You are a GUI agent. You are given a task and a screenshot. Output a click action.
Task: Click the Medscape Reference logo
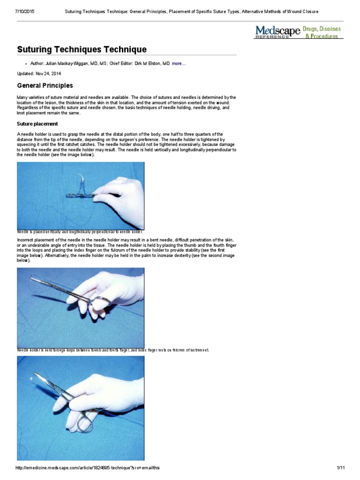[x=277, y=32]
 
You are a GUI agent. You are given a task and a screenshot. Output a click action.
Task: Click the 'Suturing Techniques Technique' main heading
[x=82, y=49]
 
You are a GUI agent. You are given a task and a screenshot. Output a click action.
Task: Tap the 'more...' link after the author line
[x=179, y=63]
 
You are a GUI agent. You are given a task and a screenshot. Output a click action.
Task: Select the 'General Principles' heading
[x=45, y=86]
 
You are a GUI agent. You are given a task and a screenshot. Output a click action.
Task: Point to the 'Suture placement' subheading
[x=37, y=124]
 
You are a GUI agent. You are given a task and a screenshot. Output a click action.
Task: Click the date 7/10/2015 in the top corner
[x=15, y=11]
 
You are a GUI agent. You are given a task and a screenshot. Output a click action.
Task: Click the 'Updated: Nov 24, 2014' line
[x=39, y=74]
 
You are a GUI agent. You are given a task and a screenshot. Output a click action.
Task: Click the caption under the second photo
[x=112, y=350]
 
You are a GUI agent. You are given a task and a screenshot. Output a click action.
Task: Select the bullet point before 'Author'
[x=25, y=63]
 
